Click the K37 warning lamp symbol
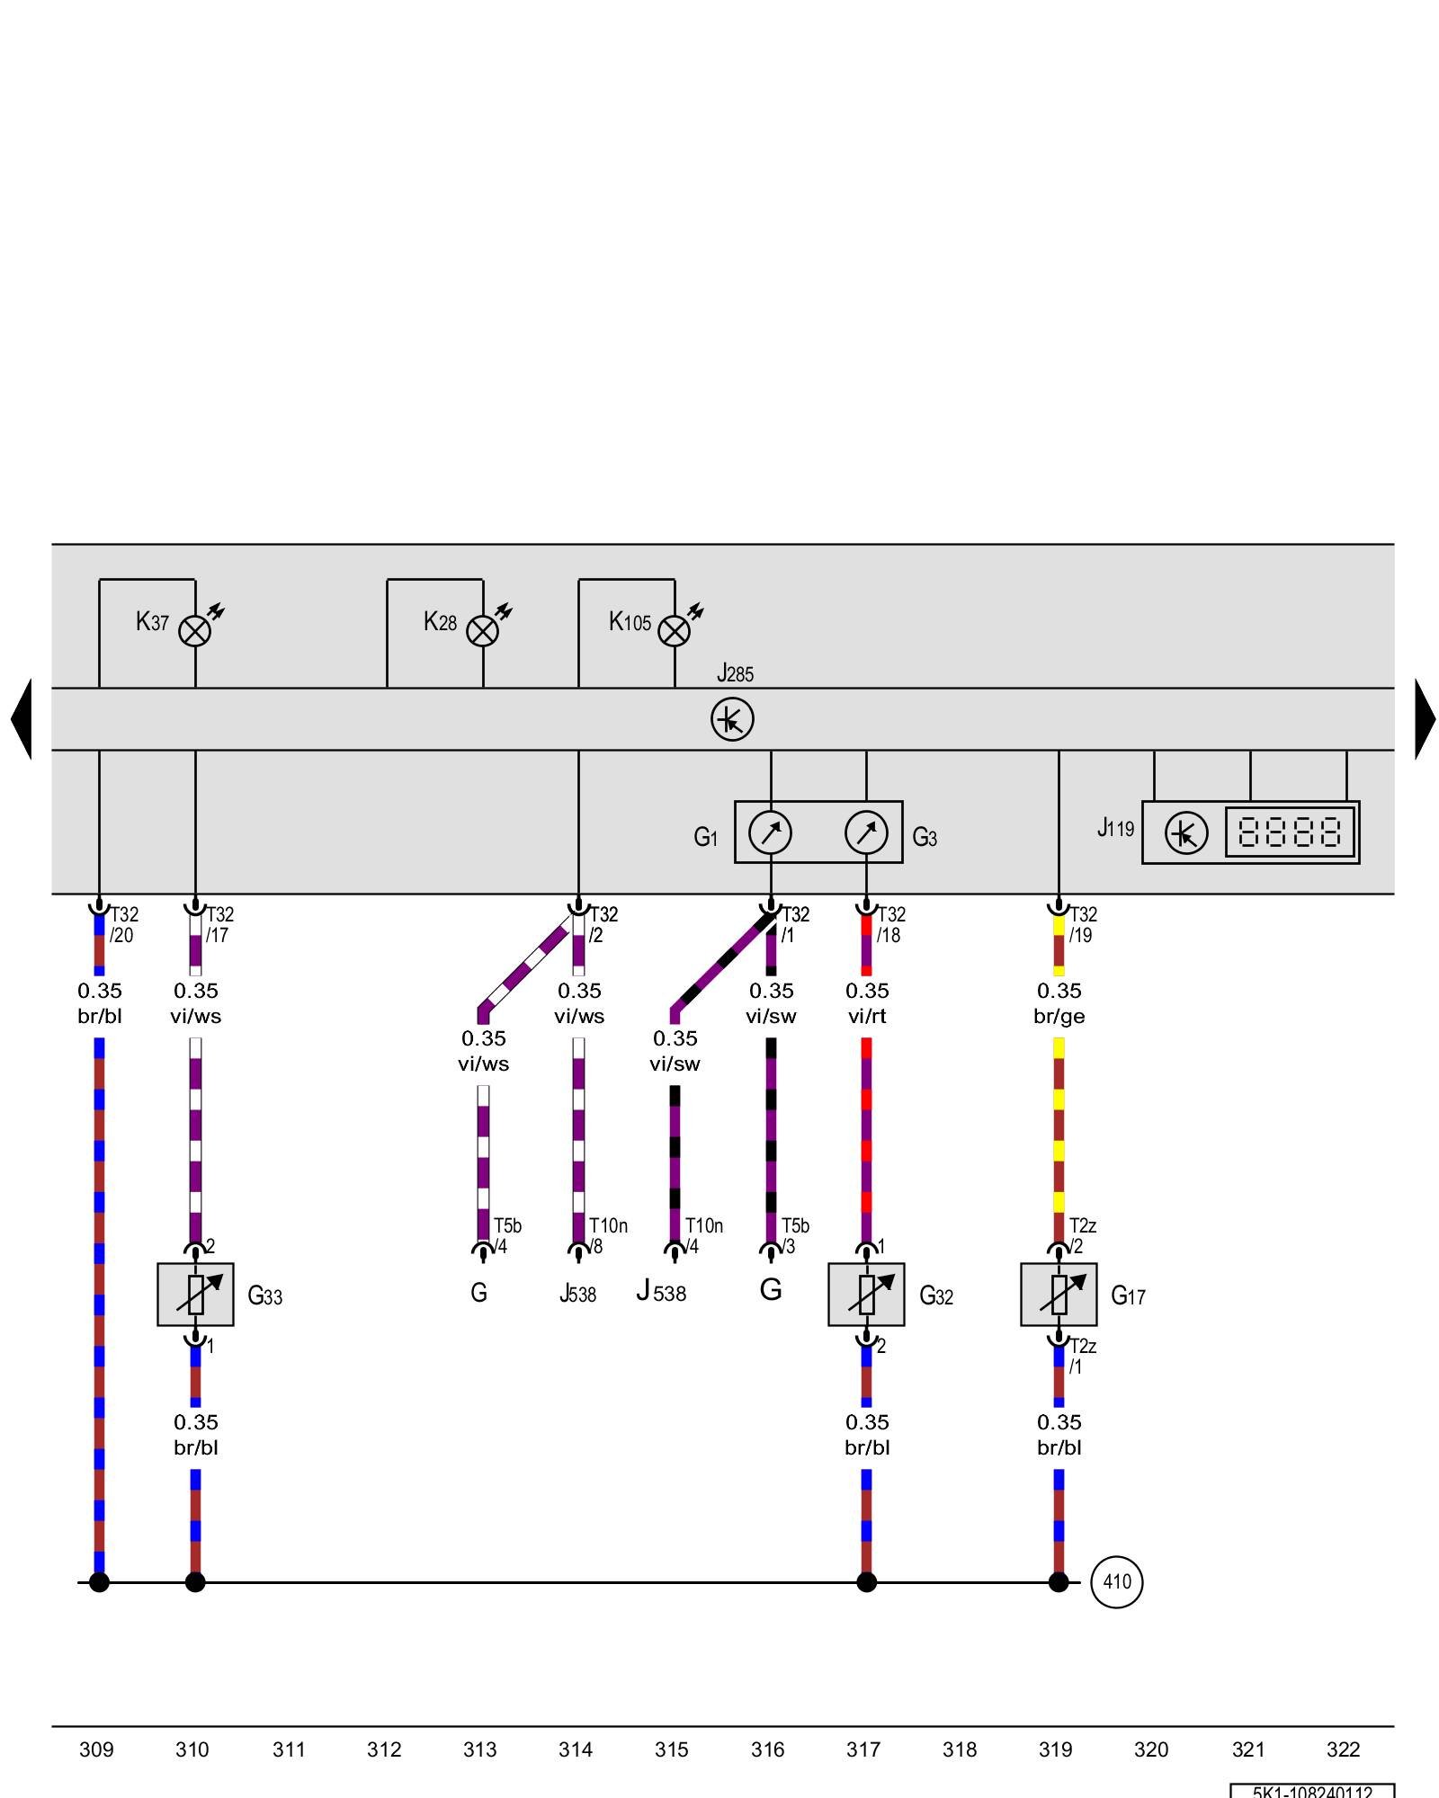point(195,631)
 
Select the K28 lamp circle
point(483,631)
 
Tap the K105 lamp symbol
point(675,631)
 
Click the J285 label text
point(735,673)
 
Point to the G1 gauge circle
point(771,832)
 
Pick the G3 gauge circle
point(866,832)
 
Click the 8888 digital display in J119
point(1290,832)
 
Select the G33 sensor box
point(195,1295)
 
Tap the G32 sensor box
point(866,1295)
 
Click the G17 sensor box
point(1059,1295)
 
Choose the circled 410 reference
point(1117,1582)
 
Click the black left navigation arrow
point(22,719)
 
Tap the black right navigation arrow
point(1425,719)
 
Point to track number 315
point(672,1749)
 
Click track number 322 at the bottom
point(1343,1749)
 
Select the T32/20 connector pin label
point(123,924)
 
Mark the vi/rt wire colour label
point(867,1017)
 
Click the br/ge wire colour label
point(1059,1017)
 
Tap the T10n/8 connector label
point(607,1236)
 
